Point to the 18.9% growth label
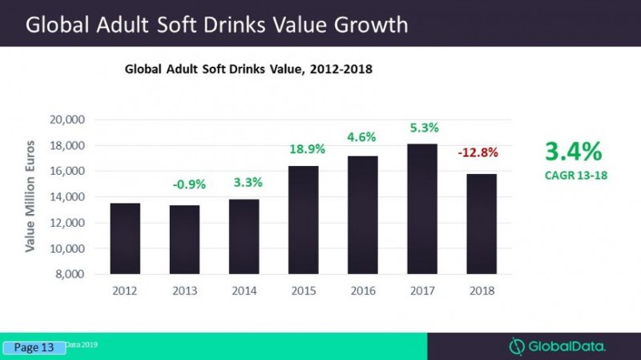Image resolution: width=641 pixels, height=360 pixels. pyautogui.click(x=305, y=149)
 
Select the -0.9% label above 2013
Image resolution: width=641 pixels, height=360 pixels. pyautogui.click(x=189, y=184)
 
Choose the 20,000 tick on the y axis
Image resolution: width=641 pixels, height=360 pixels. pyautogui.click(x=68, y=120)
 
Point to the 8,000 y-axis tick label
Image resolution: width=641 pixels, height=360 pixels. pyautogui.click(x=71, y=274)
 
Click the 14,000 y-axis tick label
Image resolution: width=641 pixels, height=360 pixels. pyautogui.click(x=68, y=197)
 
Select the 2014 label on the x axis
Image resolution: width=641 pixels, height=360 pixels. pyautogui.click(x=245, y=291)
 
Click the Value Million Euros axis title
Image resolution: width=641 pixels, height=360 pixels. pyautogui.click(x=30, y=197)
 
